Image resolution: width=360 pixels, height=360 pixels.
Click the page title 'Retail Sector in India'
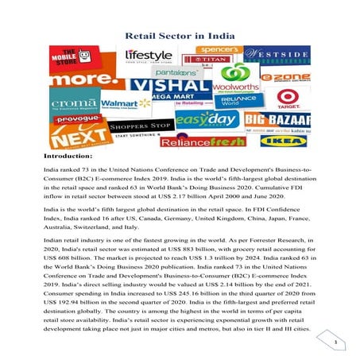(x=180, y=36)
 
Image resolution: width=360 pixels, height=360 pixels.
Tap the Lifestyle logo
(x=148, y=56)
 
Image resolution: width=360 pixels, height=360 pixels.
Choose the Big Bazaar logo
(x=288, y=121)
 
